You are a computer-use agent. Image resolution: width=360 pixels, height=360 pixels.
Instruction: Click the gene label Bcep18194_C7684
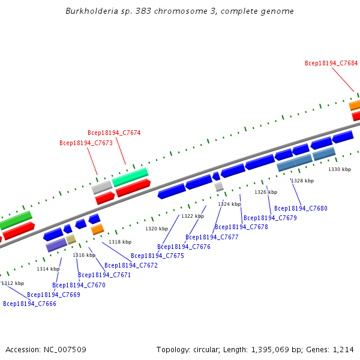[331, 63]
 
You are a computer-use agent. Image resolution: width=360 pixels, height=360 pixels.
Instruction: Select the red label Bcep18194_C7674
[114, 133]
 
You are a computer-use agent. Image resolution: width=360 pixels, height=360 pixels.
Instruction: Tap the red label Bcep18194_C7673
[86, 143]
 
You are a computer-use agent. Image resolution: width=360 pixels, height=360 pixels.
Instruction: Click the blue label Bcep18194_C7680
[301, 208]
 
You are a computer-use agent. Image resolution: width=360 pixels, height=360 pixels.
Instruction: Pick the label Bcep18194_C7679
[270, 218]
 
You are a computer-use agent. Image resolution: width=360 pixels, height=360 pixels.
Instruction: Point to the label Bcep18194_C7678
[241, 227]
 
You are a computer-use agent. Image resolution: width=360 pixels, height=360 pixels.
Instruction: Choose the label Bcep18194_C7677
[212, 237]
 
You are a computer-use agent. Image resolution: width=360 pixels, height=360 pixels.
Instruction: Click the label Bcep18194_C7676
[184, 247]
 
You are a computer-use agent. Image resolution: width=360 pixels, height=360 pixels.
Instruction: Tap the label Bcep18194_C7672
[131, 265]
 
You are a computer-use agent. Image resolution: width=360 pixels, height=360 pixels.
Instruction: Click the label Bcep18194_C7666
[29, 304]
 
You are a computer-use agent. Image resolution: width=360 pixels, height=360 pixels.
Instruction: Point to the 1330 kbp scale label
[339, 170]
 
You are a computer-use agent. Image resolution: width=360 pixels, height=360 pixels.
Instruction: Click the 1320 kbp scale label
[156, 229]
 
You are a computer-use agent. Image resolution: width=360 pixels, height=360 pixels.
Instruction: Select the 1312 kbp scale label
[13, 283]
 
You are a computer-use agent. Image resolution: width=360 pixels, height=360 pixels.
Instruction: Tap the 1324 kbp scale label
[229, 204]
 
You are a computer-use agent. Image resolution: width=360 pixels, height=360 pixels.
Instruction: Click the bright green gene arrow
[130, 177]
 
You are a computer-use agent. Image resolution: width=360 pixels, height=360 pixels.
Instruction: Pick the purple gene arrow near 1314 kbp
[56, 245]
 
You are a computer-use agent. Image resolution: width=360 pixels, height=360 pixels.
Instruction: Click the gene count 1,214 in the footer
[344, 349]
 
